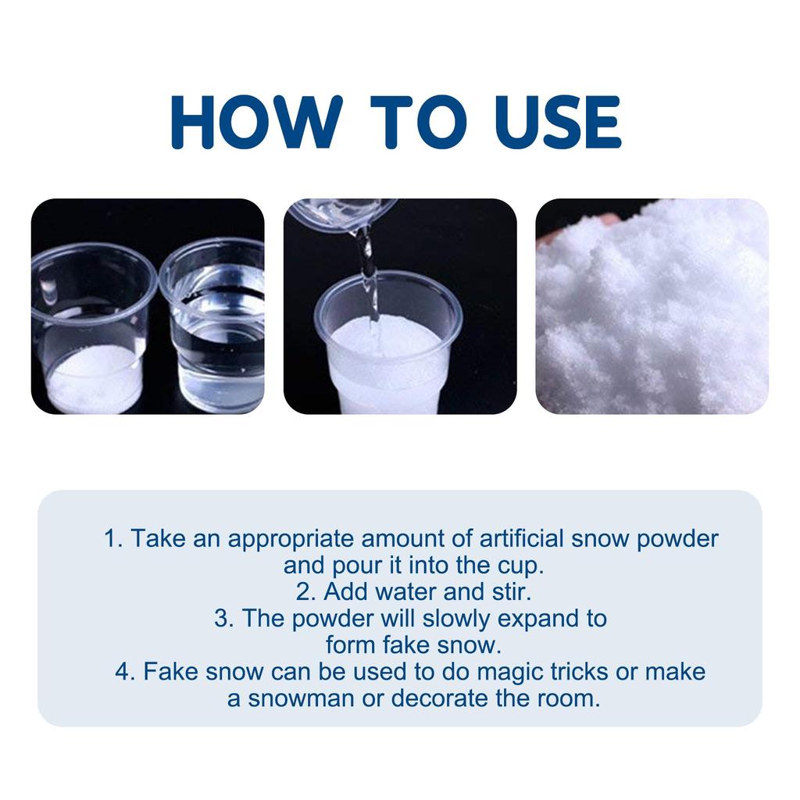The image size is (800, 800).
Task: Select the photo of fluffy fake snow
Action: coord(652,306)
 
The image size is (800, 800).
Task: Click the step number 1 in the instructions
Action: coord(111,538)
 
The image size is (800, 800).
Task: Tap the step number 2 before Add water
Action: coord(304,591)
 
